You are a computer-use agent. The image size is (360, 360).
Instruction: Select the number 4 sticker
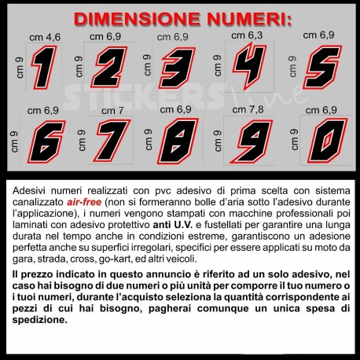click(250, 65)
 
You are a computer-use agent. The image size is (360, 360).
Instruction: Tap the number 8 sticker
click(178, 141)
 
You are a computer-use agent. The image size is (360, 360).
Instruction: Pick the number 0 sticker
click(328, 141)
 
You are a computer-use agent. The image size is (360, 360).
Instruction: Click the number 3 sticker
click(178, 68)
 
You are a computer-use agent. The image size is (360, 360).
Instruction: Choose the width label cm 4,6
click(45, 38)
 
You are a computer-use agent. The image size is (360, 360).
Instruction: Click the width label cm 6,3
click(247, 35)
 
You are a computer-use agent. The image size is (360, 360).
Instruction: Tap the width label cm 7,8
click(248, 109)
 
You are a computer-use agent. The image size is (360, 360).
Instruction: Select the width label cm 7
click(112, 111)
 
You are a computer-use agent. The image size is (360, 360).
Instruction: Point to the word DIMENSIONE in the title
click(137, 19)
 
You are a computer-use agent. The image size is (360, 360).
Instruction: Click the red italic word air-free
click(84, 202)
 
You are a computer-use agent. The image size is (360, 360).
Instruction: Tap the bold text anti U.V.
click(173, 225)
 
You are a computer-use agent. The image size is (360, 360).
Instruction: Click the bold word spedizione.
click(40, 320)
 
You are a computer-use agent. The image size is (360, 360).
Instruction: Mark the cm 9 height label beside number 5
click(292, 67)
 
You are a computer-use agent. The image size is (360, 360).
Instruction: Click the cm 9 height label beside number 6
click(14, 141)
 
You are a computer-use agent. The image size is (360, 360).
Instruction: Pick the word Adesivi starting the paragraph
click(30, 191)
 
